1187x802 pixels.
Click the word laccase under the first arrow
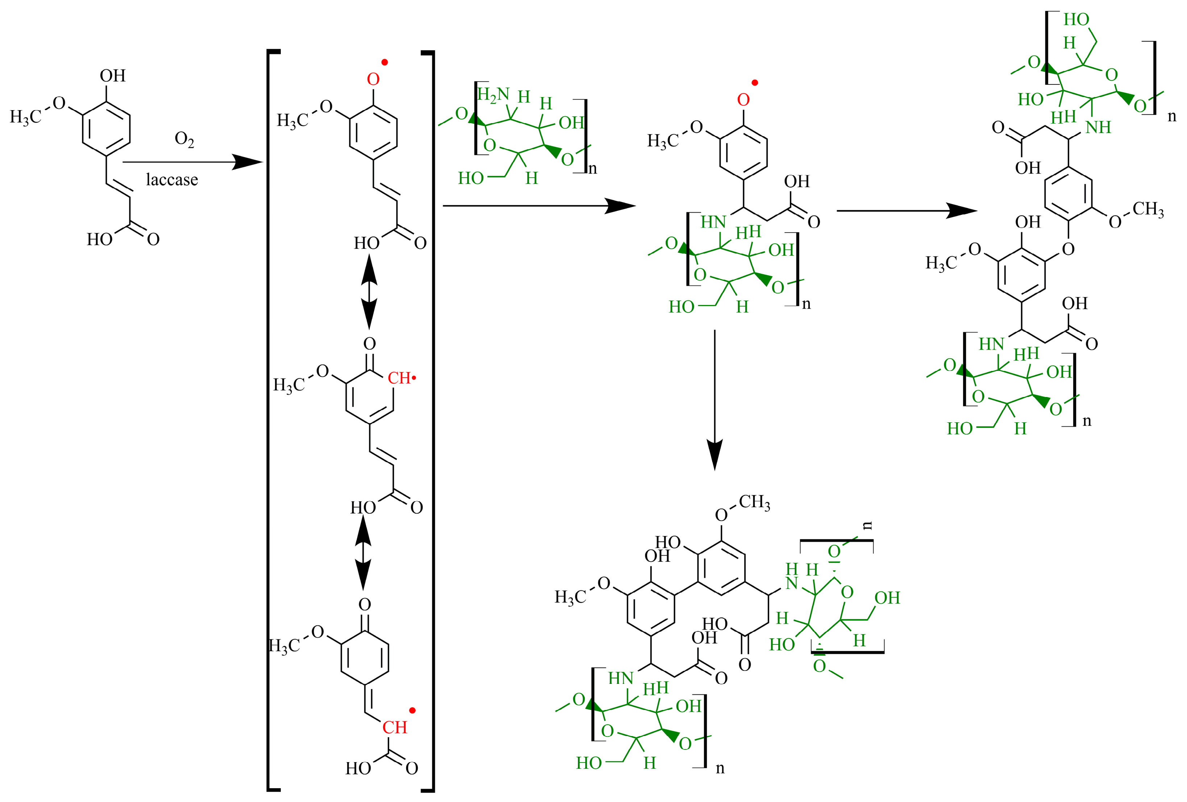172,180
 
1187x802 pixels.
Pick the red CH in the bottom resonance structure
395,727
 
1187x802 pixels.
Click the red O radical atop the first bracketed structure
373,79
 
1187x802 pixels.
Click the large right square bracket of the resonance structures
431,421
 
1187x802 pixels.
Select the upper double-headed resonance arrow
369,292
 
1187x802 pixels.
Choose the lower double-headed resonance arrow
363,553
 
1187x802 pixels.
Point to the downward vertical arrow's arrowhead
715,455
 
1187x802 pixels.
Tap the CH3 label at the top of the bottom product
754,502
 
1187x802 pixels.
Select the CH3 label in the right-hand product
1148,209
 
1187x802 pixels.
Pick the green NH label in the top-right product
1098,127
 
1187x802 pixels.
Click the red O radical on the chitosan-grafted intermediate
744,100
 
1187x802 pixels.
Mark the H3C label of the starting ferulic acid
25,117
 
